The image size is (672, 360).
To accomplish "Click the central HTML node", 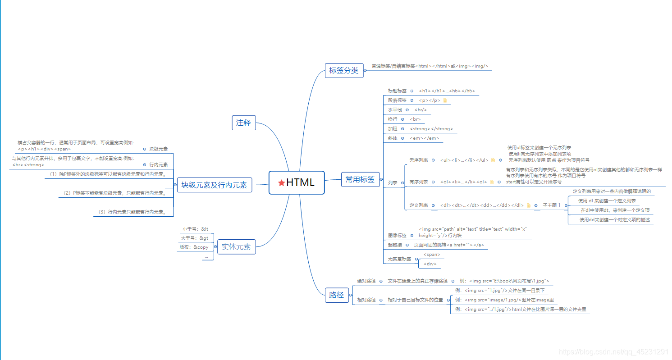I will pos(297,182).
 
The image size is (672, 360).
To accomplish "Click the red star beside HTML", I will pos(281,182).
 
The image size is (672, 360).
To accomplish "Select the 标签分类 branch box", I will pos(344,70).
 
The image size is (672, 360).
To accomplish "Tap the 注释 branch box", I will pos(244,123).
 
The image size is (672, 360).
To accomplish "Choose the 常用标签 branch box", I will pos(360,179).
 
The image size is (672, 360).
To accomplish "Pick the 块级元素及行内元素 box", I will pos(214,185).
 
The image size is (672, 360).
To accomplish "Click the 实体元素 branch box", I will pos(236,246).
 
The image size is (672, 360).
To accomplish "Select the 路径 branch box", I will pos(336,295).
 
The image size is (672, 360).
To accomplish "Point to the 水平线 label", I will pos(395,109).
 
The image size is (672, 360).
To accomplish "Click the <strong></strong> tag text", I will pos(431,129).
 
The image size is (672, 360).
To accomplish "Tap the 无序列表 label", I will pos(418,160).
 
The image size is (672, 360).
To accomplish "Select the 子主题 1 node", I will pos(552,205).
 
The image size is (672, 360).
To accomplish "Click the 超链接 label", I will pos(395,245).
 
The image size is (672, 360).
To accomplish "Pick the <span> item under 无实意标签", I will pos(431,255).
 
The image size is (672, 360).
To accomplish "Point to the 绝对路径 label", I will pos(366,281).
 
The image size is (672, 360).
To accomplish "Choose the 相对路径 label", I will pos(366,300).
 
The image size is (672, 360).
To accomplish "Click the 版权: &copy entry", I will pos(194,247).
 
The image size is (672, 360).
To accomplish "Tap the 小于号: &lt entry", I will pos(195,229).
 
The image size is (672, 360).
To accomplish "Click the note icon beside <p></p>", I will pos(445,100).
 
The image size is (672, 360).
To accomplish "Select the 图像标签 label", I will pos(397,235).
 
